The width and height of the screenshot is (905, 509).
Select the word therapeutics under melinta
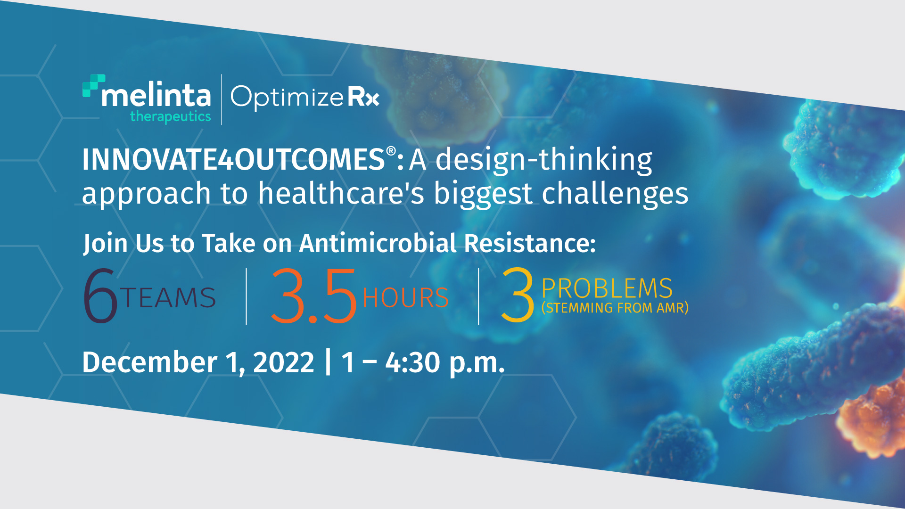[170, 116]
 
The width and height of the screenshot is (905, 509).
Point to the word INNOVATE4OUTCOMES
[233, 159]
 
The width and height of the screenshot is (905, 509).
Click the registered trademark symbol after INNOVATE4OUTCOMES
[391, 151]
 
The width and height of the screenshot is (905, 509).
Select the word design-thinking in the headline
[544, 160]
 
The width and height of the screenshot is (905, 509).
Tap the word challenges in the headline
[615, 194]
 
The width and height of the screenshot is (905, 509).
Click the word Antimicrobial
[378, 243]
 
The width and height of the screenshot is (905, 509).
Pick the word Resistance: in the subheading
[530, 243]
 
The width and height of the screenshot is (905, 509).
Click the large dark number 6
[100, 296]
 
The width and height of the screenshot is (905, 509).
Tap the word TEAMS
[168, 298]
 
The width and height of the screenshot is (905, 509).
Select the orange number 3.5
[313, 296]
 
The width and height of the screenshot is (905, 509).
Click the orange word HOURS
[405, 298]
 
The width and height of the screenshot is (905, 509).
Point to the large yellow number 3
[518, 295]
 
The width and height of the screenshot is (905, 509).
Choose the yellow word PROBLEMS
[607, 288]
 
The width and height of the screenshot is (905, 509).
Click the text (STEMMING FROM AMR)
[615, 308]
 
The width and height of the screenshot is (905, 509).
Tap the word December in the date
[150, 362]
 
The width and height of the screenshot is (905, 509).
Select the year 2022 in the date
[284, 362]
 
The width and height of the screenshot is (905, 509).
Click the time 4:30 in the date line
[412, 362]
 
